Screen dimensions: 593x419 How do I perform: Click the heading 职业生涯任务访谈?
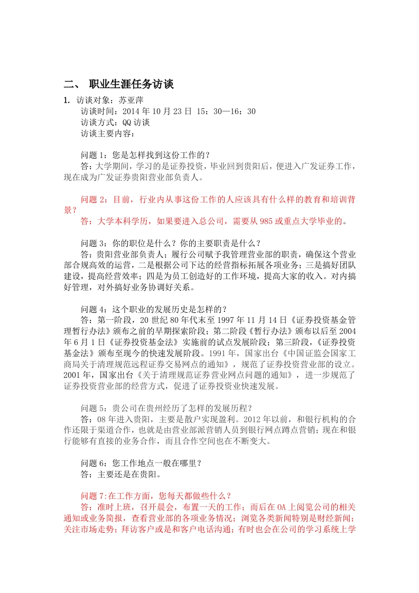pyautogui.click(x=131, y=84)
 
